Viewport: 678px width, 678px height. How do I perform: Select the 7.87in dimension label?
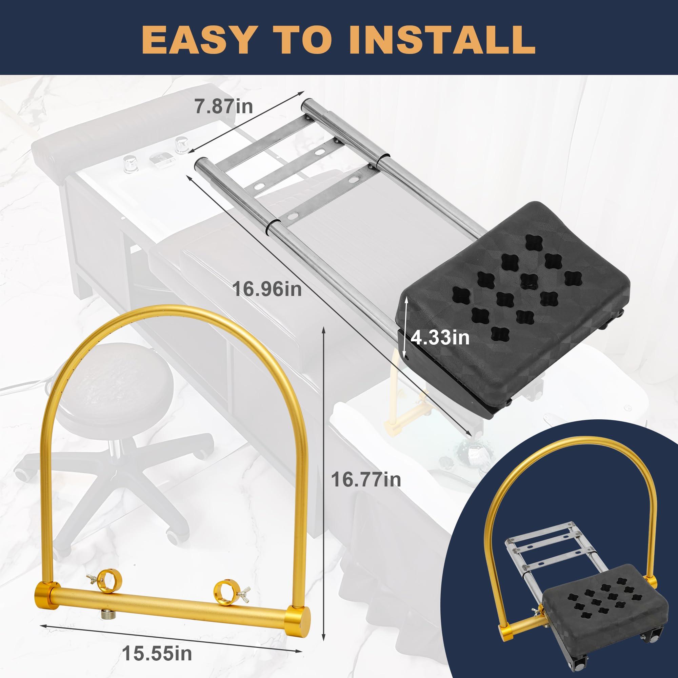point(224,106)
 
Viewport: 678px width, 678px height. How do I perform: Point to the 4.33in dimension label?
point(440,338)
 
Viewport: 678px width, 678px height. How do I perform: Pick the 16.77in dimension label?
point(366,479)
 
